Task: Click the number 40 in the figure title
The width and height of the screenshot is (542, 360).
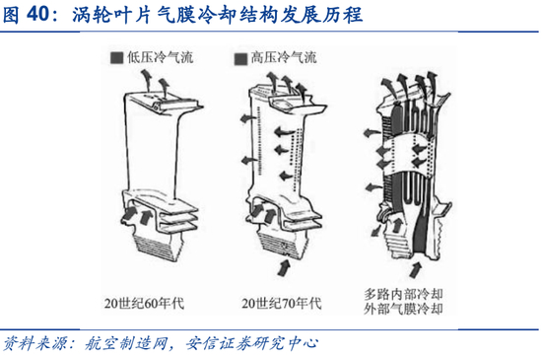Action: click(37, 14)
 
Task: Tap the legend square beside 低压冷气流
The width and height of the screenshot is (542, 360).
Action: click(117, 58)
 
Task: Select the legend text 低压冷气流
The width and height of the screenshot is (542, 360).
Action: click(160, 57)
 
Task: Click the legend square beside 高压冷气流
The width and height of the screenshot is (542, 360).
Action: click(240, 59)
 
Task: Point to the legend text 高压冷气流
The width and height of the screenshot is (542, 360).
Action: click(284, 57)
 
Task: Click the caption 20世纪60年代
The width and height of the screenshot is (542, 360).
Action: click(144, 303)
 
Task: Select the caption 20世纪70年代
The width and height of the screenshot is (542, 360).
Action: click(282, 303)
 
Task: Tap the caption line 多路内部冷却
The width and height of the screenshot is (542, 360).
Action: click(403, 294)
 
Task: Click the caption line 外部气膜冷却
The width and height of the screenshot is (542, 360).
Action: click(403, 309)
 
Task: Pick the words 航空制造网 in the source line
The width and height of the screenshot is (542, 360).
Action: click(126, 343)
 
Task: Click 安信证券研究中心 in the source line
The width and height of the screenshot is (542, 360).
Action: click(251, 343)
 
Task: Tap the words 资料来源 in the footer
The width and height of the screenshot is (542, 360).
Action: click(34, 343)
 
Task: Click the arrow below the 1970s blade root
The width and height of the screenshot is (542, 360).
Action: click(284, 267)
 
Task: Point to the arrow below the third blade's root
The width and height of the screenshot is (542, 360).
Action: click(415, 269)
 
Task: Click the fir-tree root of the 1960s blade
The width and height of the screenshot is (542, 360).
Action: click(158, 245)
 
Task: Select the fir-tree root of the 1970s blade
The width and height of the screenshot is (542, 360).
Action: click(283, 245)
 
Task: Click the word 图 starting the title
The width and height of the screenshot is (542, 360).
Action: click(11, 15)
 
